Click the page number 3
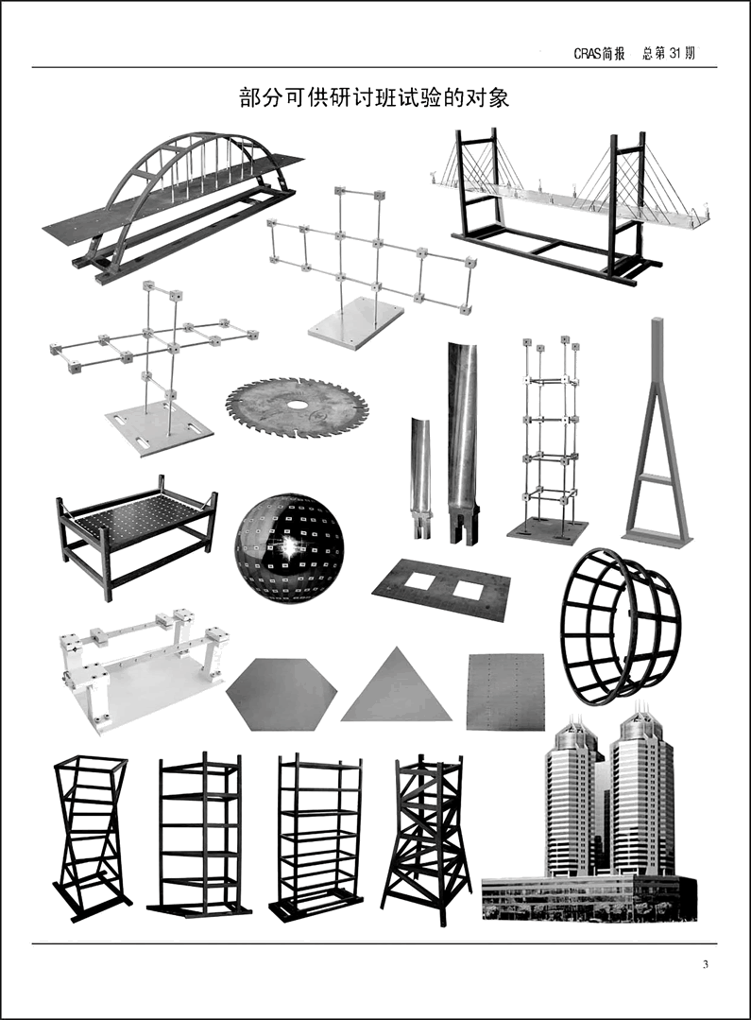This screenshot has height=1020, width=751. click(x=706, y=964)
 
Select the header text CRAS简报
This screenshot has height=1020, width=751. click(x=599, y=54)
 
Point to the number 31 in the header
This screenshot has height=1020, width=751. click(x=676, y=53)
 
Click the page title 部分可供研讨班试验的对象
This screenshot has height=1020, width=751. click(x=374, y=97)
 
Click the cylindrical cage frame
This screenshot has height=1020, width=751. click(x=621, y=626)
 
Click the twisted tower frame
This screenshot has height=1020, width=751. click(x=90, y=837)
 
